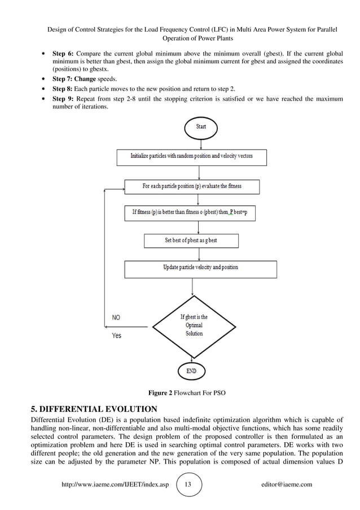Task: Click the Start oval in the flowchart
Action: point(200,127)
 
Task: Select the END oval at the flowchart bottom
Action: point(192,371)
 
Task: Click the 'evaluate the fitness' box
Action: point(192,186)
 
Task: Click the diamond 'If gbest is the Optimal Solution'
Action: point(194,325)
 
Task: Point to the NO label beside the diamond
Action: point(116,317)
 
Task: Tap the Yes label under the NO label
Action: point(116,335)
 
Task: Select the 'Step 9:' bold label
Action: point(63,99)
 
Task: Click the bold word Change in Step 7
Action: point(85,80)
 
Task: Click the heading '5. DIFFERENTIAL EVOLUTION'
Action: point(93,408)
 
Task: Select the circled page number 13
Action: point(189,485)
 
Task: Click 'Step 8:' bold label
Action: point(63,89)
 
